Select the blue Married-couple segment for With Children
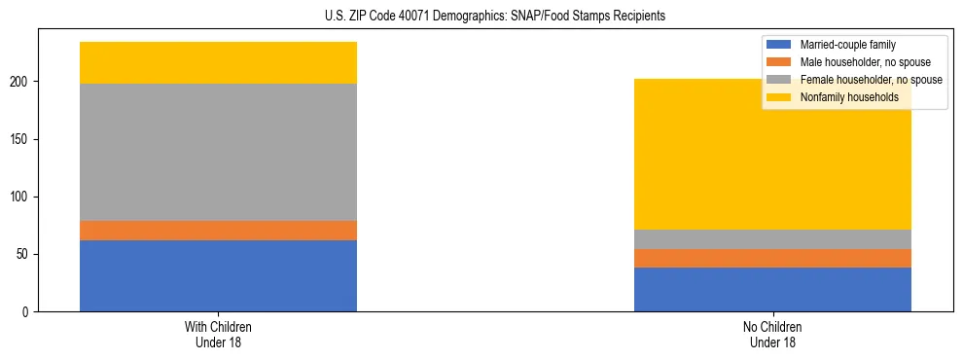[218, 275]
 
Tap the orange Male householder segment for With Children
[218, 231]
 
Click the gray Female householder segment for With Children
[218, 152]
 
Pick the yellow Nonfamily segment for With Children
[218, 62]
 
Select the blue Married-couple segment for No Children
[772, 289]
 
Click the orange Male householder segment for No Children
[772, 258]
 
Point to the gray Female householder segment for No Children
[772, 239]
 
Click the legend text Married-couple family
[847, 45]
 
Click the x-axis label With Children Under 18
[218, 334]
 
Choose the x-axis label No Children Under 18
[772, 334]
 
